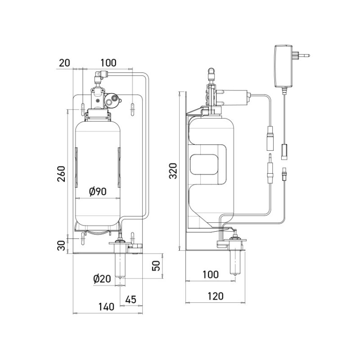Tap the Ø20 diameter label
102,279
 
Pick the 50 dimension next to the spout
156,265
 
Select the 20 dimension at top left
64,63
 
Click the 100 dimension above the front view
108,63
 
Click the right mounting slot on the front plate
133,110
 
